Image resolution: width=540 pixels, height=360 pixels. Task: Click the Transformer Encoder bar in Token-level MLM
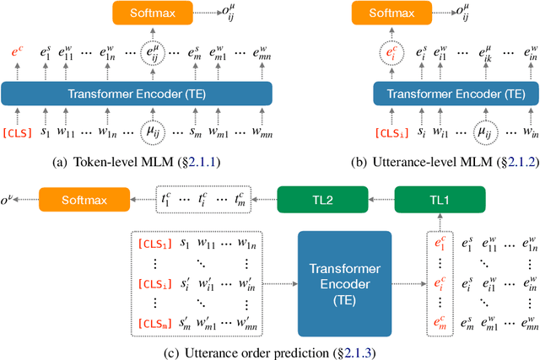pyautogui.click(x=137, y=93)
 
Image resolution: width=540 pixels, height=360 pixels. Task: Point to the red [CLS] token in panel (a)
pyautogui.click(x=18, y=132)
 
